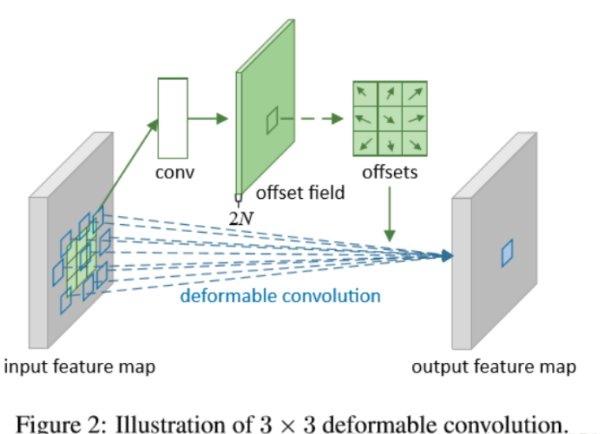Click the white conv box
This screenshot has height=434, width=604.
coord(172,118)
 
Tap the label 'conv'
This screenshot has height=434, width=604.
coord(174,172)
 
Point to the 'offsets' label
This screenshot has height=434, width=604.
coord(389,171)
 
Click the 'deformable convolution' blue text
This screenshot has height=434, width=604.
coord(280,296)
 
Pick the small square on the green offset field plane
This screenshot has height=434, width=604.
coord(272,121)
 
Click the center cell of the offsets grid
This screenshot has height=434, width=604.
coord(388,118)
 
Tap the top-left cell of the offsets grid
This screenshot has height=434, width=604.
coord(363,94)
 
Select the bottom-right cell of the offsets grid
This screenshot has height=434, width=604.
coord(415,144)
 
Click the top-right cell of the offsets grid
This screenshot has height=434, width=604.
coord(415,94)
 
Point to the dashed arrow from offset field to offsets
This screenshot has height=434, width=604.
coord(313,118)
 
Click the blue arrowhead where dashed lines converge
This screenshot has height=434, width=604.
coord(448,255)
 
